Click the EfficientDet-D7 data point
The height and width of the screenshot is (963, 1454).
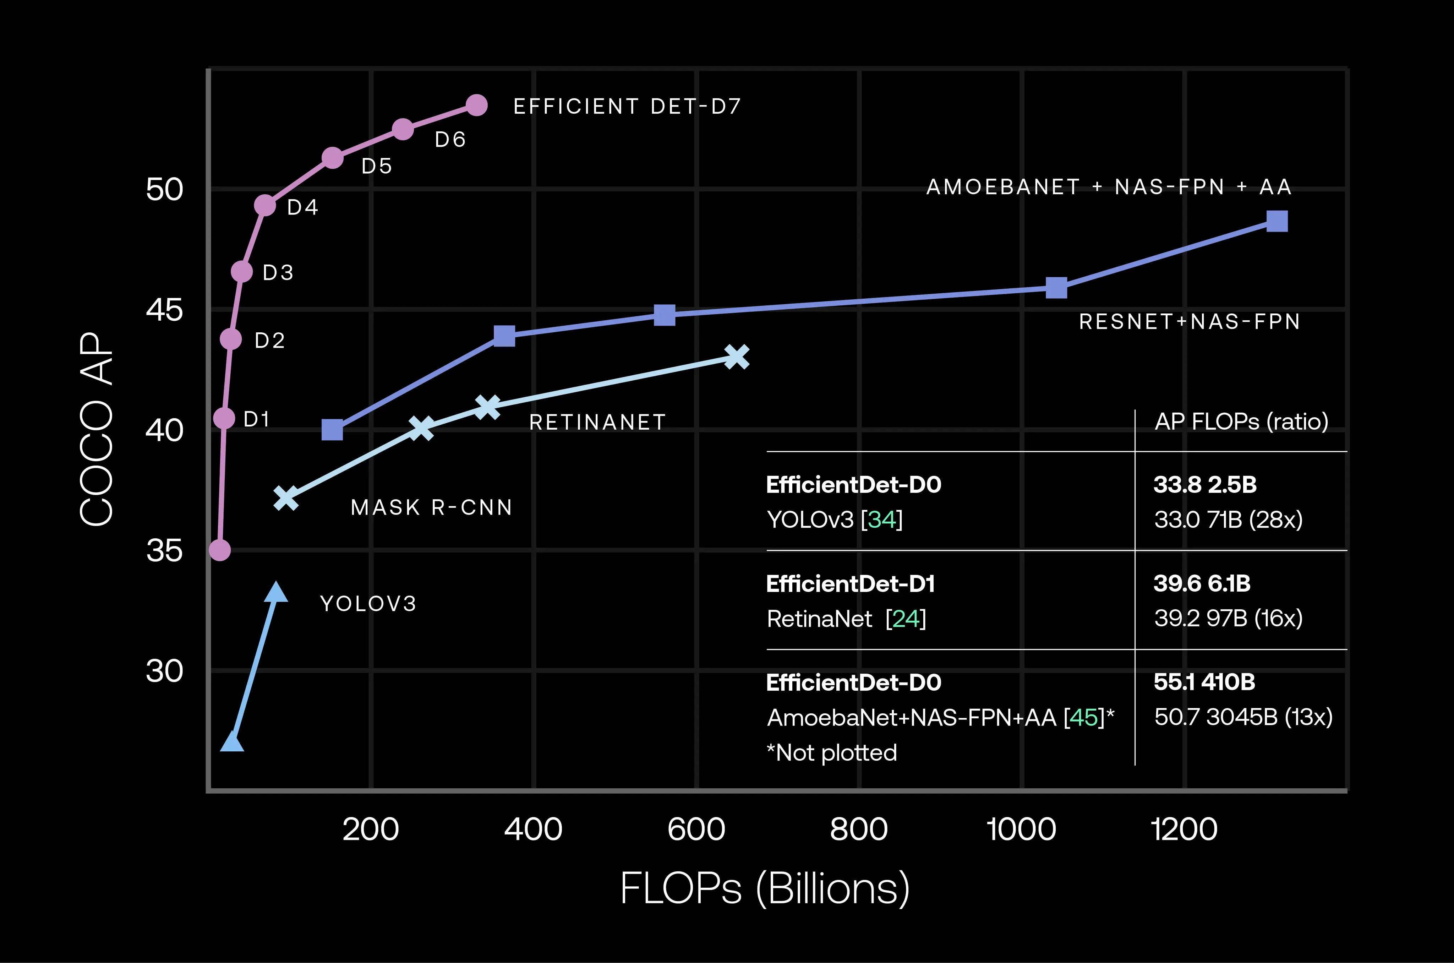[x=476, y=105]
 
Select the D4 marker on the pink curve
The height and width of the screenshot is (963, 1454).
[x=265, y=205]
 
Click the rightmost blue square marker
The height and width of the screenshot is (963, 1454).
[x=1277, y=221]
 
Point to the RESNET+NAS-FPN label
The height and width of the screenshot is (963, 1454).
[x=1189, y=322]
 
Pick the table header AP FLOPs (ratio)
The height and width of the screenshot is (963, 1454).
[x=1241, y=421]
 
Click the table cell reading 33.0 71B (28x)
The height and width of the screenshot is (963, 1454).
[x=1228, y=519]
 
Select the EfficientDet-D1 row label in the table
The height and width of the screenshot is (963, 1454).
[x=851, y=583]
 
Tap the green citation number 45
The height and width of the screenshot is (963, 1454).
[x=1084, y=717]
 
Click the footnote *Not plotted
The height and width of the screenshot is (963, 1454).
[x=832, y=753]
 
